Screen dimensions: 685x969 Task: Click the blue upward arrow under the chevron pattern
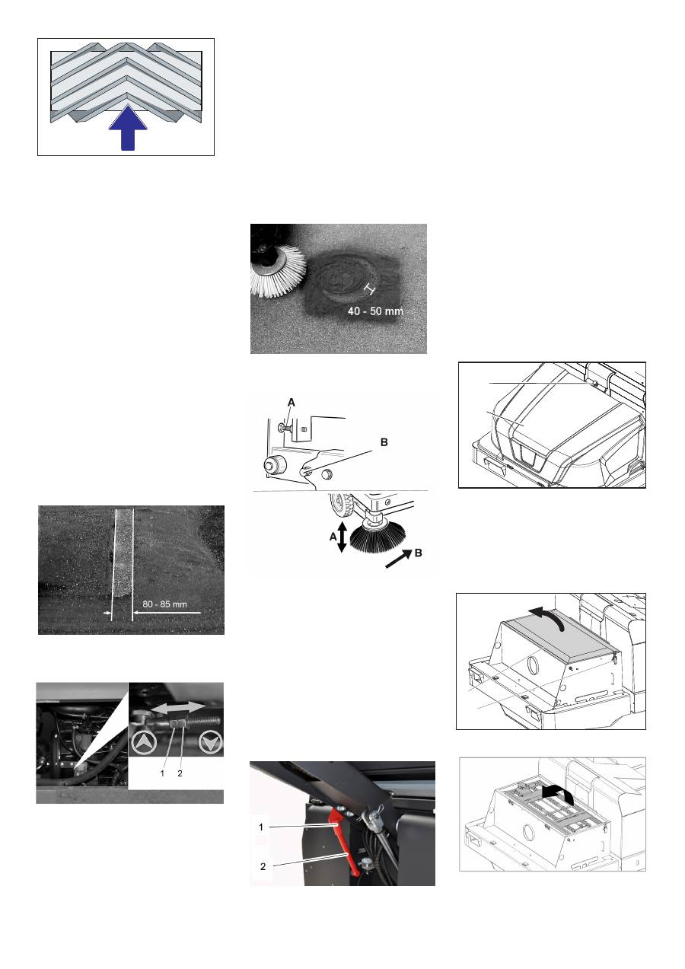(x=128, y=128)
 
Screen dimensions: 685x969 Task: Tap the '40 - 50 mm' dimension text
(x=375, y=311)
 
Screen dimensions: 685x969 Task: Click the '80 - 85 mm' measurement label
(x=164, y=604)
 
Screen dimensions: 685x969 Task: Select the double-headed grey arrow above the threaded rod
(x=178, y=707)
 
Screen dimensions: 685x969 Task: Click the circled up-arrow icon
(x=144, y=743)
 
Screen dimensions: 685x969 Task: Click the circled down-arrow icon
(x=211, y=743)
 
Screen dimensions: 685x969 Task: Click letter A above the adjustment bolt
(x=292, y=403)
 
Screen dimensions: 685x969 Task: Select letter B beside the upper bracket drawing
(x=384, y=442)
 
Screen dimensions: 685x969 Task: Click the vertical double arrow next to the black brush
(x=342, y=537)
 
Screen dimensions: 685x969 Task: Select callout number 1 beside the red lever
(x=261, y=827)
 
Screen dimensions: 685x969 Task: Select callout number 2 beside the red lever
(x=263, y=866)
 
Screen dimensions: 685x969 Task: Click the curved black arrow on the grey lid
(x=547, y=617)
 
